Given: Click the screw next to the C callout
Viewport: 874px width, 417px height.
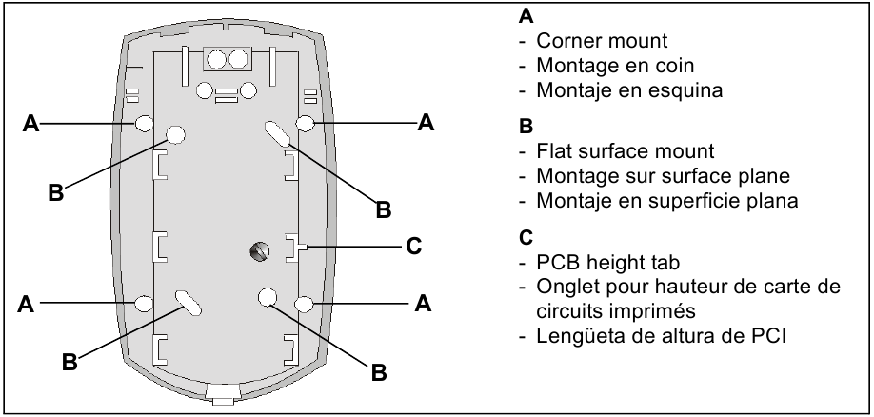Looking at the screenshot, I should pos(258,250).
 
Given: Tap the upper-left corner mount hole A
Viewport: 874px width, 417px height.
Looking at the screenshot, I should pos(145,123).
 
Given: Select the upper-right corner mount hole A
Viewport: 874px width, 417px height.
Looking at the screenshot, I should pos(306,123).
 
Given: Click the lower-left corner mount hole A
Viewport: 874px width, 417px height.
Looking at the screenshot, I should pos(145,303).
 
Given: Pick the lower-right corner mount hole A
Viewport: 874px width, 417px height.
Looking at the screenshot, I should pos(306,303).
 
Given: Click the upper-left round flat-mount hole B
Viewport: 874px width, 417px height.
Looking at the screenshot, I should pos(175,134).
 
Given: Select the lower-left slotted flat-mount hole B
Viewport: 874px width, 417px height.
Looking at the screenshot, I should pos(188,302).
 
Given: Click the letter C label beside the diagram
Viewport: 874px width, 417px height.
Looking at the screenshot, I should pos(412,246).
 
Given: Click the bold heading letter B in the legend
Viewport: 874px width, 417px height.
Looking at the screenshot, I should pos(526,126).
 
